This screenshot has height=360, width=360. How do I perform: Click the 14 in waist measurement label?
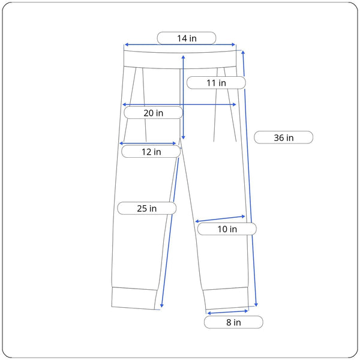pos(187,38)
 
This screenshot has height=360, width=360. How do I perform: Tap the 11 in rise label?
pos(216,83)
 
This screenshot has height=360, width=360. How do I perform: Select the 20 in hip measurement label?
pos(153,113)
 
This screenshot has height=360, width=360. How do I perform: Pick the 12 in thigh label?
pos(151,152)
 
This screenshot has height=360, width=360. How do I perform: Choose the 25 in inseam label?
pos(147,208)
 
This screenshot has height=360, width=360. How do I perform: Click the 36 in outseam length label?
pos(283,137)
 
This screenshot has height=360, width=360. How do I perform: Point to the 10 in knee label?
pos(227,229)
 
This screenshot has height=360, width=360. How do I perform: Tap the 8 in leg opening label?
pos(233,322)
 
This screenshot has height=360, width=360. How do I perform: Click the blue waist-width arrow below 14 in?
pos(180,44)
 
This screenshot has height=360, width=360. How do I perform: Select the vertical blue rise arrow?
pos(183,97)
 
